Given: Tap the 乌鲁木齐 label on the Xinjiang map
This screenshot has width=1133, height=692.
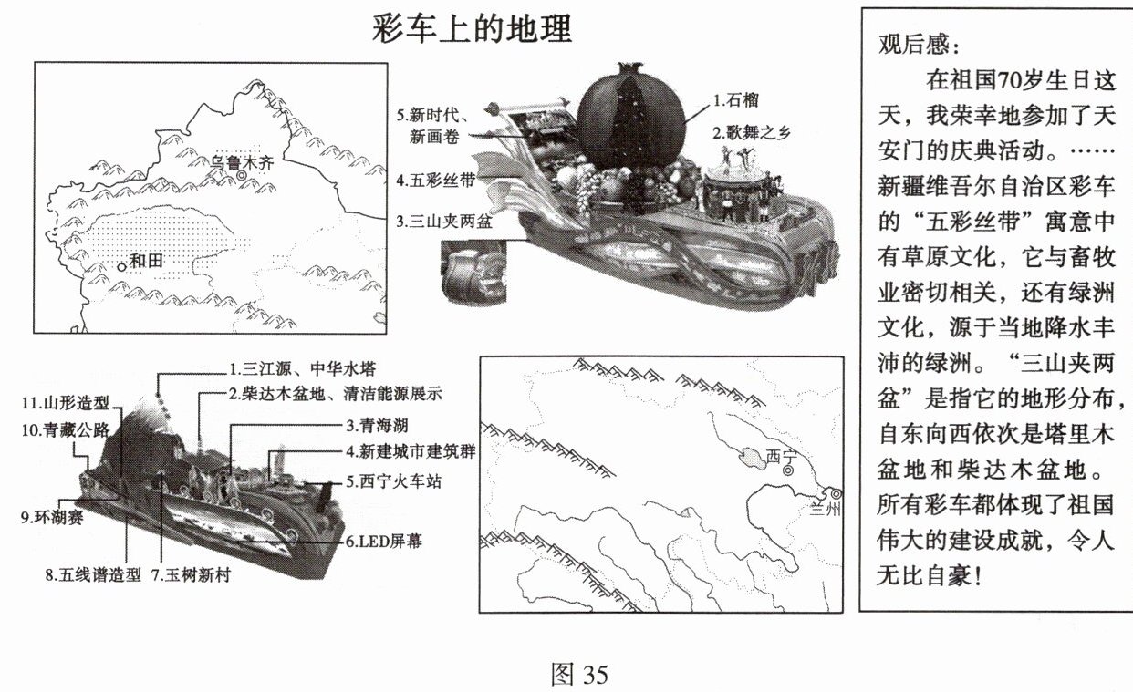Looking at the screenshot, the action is [x=242, y=162].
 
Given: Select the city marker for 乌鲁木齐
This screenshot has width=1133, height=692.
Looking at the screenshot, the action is [x=242, y=175].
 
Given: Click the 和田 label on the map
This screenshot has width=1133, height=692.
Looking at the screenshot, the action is [x=146, y=261].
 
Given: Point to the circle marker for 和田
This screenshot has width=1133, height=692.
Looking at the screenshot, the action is [x=121, y=267].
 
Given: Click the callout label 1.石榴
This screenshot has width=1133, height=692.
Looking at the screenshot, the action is [x=736, y=100].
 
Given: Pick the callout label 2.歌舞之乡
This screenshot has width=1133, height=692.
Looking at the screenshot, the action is [x=751, y=132].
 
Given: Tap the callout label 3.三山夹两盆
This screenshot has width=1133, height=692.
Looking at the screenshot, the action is [x=444, y=221].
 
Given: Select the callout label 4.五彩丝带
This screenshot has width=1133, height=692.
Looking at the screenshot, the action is [x=435, y=180].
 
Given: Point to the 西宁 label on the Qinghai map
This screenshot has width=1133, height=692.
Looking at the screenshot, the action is [x=782, y=456].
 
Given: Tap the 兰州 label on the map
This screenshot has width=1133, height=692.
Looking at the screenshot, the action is [x=824, y=509].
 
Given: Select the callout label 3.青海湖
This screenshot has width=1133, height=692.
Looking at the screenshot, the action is [x=378, y=425].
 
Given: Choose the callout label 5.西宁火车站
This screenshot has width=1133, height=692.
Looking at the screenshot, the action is [x=393, y=480].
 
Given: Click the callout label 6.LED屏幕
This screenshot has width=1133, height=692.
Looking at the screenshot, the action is [x=384, y=542].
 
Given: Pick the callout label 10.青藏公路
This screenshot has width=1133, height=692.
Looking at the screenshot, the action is [x=66, y=430].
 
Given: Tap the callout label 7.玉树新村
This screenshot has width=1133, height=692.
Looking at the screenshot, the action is [x=192, y=574].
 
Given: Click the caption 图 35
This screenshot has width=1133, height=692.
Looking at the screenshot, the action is [x=579, y=674].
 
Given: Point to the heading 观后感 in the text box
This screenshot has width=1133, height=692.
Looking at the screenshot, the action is [x=918, y=45].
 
